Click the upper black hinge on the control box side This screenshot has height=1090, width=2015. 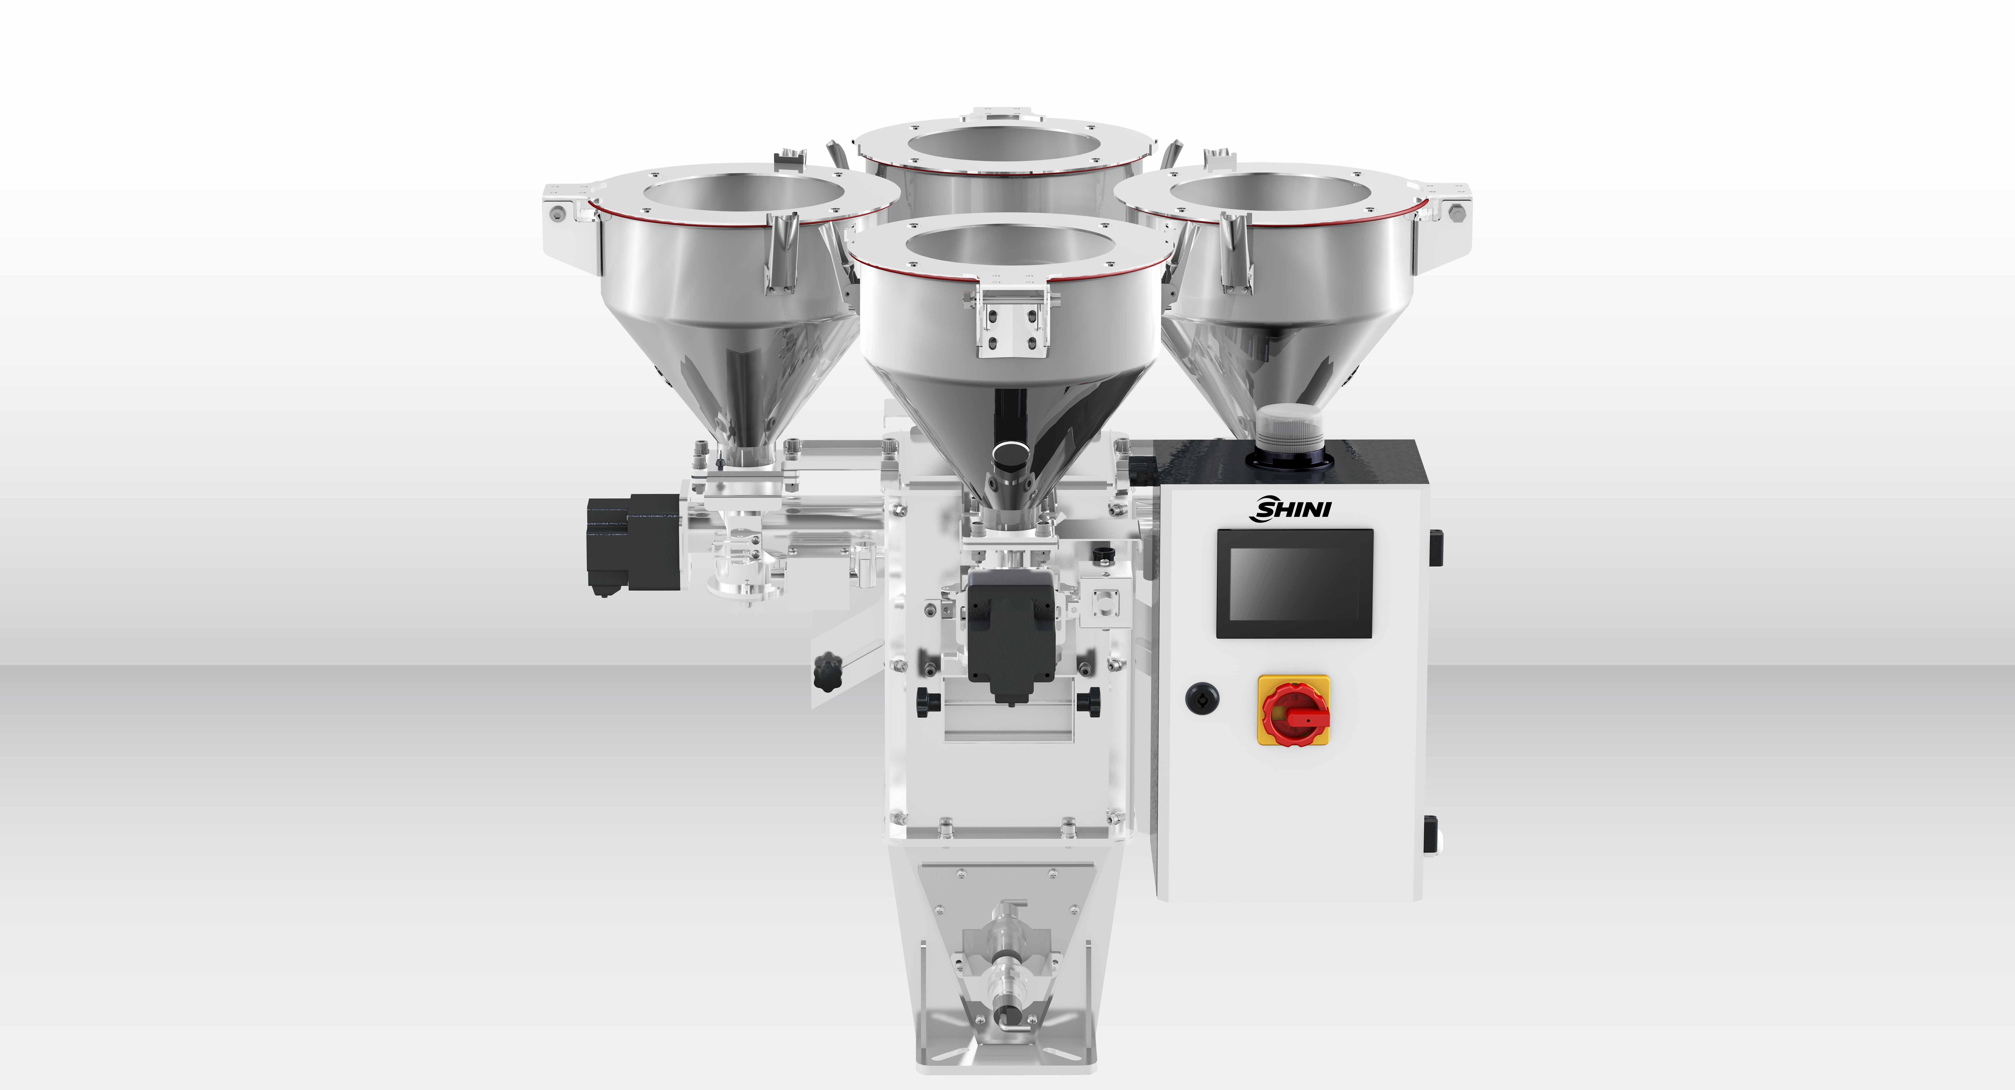coord(1436,547)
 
